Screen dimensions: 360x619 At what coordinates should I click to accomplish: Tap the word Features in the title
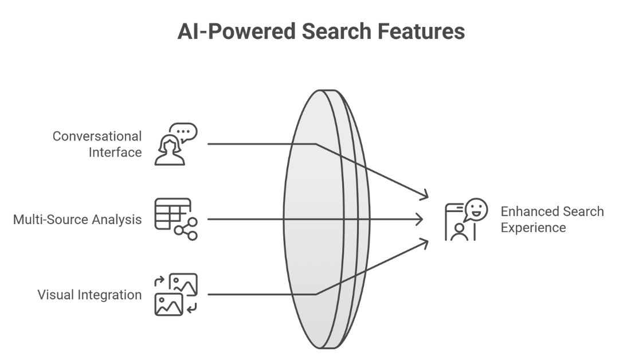[x=425, y=31]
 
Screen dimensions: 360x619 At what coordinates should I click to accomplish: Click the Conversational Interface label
[x=97, y=144]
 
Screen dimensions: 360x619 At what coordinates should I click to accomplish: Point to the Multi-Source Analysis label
[x=77, y=220]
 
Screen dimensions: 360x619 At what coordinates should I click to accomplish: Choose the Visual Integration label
[x=89, y=295]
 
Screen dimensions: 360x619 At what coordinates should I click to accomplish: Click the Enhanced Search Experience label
[x=552, y=220]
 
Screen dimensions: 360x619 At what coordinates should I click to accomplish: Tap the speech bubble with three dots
[x=185, y=132]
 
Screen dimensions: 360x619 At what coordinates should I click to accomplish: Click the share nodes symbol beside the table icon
[x=186, y=228]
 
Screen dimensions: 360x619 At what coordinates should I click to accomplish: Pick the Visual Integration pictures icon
[x=176, y=295]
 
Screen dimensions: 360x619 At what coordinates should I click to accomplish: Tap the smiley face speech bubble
[x=476, y=210]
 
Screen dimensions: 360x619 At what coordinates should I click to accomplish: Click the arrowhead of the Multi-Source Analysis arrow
[x=420, y=219]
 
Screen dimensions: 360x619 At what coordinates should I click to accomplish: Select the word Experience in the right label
[x=533, y=228]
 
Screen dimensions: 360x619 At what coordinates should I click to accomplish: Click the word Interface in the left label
[x=115, y=152]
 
